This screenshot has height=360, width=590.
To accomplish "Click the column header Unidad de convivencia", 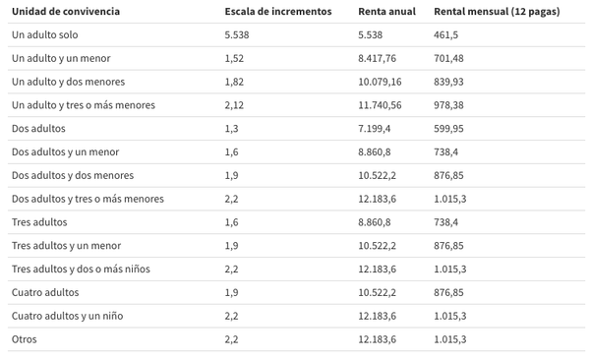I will coord(66,11).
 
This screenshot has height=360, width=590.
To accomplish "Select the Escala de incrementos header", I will coord(278,11).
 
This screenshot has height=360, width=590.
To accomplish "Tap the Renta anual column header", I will coord(386,11).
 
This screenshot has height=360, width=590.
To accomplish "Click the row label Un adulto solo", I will coord(46,34).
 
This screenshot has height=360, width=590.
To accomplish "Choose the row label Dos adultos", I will coord(38,128).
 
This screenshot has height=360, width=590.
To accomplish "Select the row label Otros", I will coord(26,339).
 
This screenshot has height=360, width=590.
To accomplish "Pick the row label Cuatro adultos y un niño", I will coord(67,316).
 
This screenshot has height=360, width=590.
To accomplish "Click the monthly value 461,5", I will coord(447,34).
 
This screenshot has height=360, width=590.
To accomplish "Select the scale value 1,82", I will coord(234,81).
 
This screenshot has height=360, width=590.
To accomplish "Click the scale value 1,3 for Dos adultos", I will coord(231,128).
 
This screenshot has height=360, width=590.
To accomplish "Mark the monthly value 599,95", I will coord(450,128).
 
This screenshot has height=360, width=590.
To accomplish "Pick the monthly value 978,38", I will coord(450,104).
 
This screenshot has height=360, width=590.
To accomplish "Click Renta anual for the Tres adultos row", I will coord(375,222).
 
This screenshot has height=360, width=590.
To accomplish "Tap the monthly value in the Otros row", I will coord(450,339).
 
